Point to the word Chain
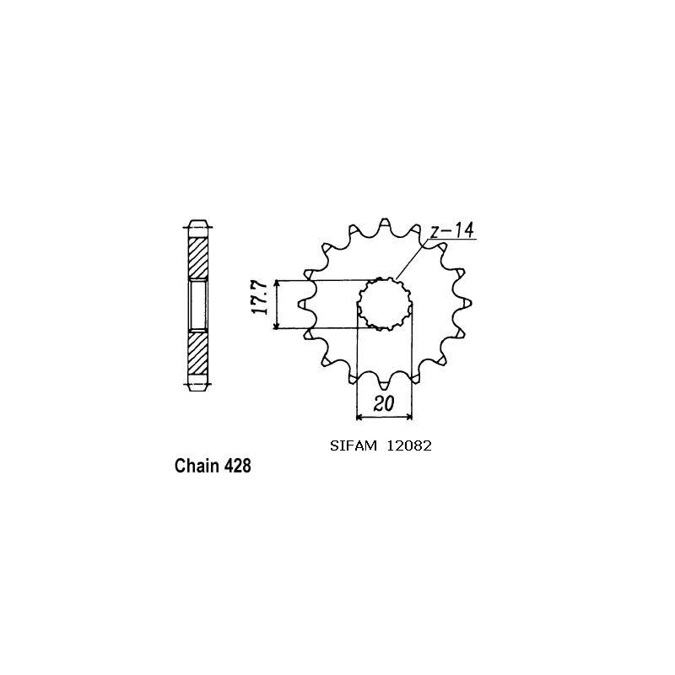coord(197,466)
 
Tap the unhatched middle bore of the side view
coord(197,305)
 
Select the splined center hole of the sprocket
coord(385,305)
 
